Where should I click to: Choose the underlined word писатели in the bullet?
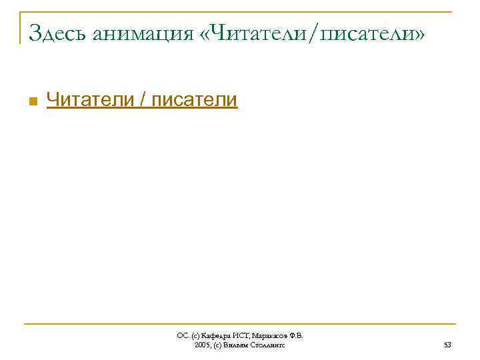195,100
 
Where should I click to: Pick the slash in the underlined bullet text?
144,100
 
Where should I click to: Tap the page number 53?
447,345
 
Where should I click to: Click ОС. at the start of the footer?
182,336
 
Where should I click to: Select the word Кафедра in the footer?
215,336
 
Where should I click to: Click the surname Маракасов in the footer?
269,336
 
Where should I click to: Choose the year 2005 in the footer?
203,345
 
